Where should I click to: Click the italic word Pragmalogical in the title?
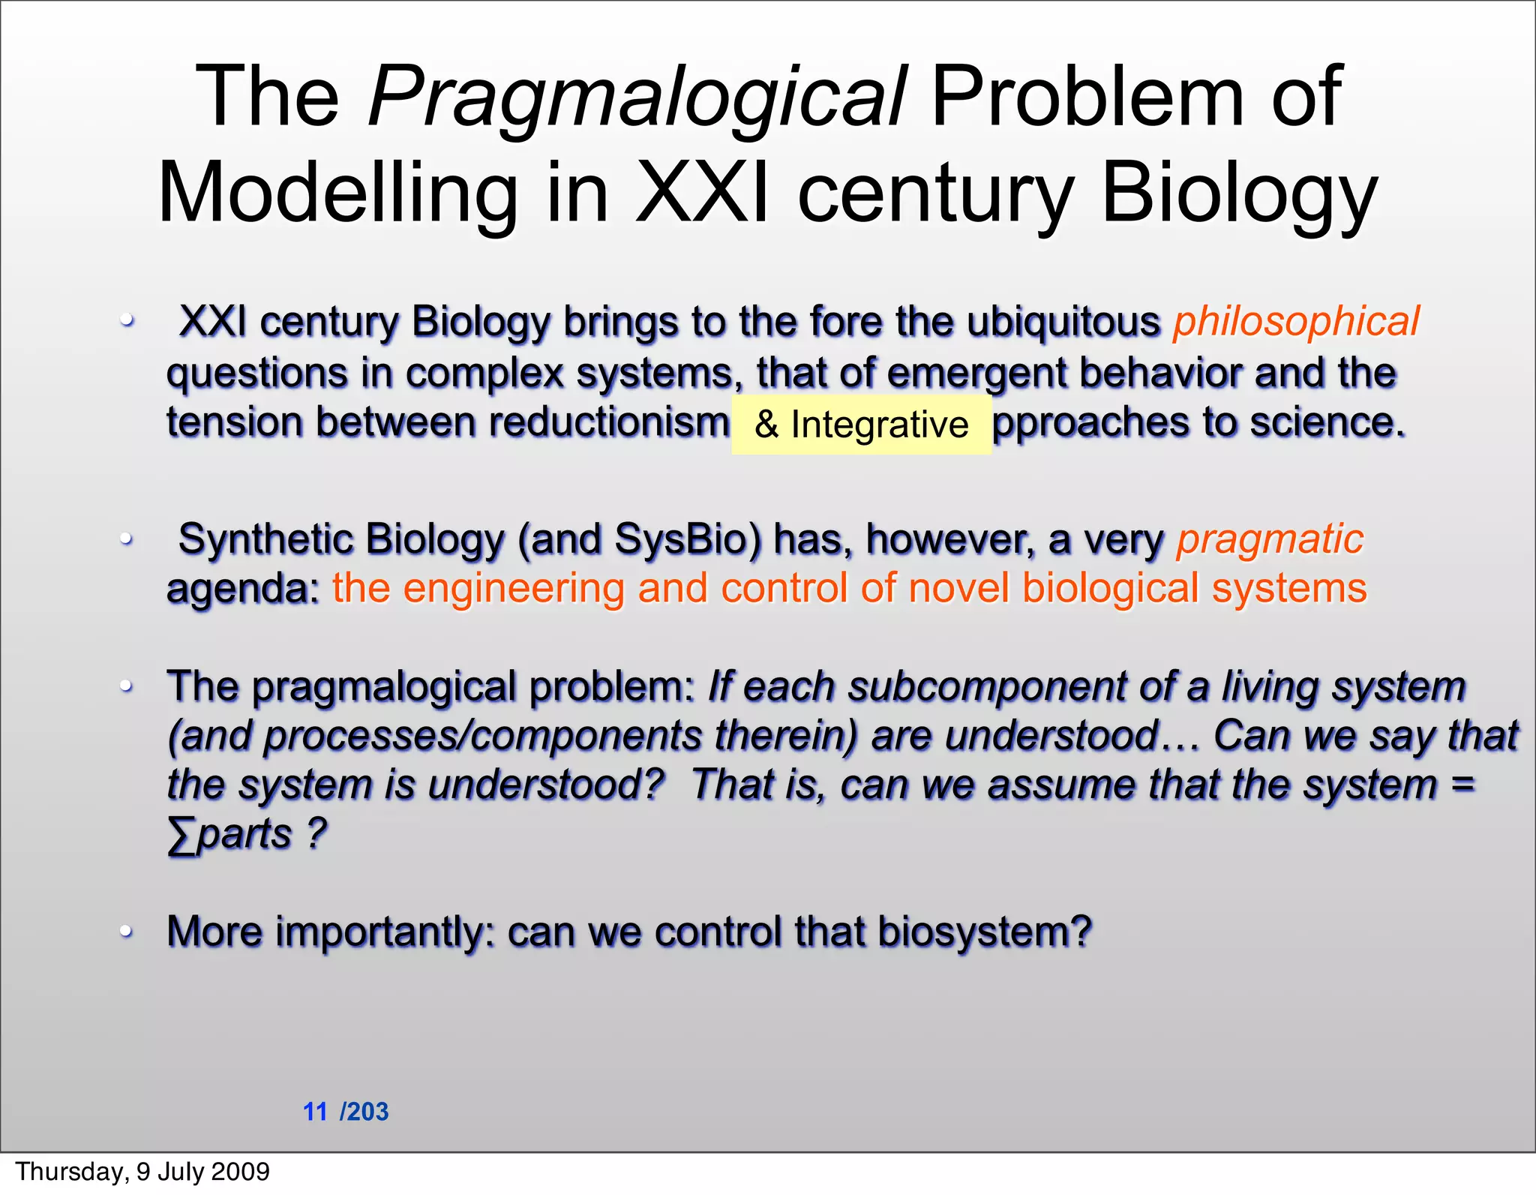[x=637, y=98]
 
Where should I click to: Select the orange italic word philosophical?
[x=1295, y=323]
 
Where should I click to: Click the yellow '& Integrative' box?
[x=861, y=425]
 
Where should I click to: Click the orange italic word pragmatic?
[x=1269, y=539]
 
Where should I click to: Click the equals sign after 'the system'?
[x=1462, y=785]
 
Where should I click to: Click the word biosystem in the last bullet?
[x=982, y=932]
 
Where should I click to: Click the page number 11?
[x=315, y=1112]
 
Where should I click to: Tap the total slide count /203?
[x=364, y=1112]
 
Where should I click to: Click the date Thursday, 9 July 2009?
[x=142, y=1172]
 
